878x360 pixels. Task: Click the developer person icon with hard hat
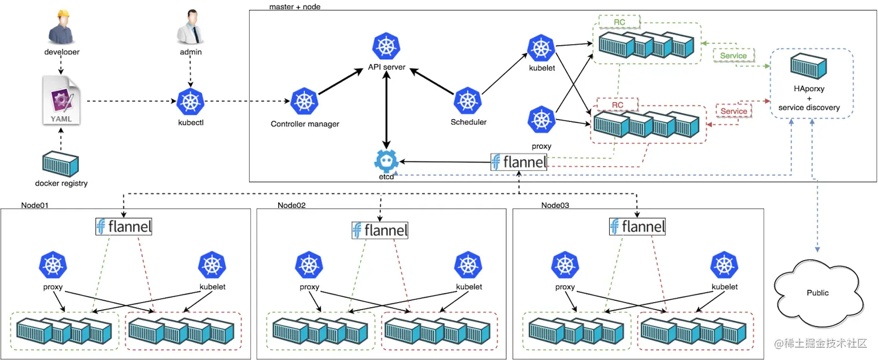tap(62, 27)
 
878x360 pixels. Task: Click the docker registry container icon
tap(61, 163)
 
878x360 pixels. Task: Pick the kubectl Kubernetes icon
tap(190, 102)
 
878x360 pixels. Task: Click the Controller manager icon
tap(304, 102)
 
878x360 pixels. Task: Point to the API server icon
tap(386, 46)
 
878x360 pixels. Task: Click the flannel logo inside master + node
tap(519, 162)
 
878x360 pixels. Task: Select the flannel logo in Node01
tap(124, 226)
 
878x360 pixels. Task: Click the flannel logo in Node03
tap(637, 226)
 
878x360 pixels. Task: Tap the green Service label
tap(733, 56)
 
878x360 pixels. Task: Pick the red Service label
tap(733, 111)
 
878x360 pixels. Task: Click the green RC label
tap(620, 22)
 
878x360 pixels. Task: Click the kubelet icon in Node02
tap(468, 265)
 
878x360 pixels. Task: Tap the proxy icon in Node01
tap(53, 265)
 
